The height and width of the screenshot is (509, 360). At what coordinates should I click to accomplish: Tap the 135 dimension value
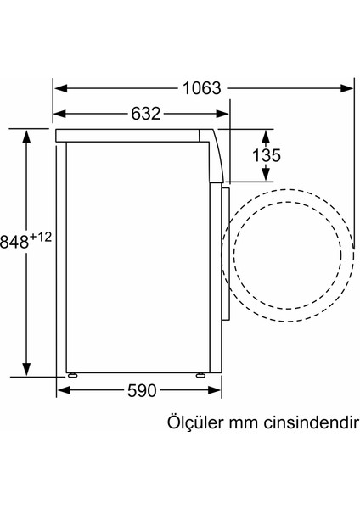pyautogui.click(x=266, y=155)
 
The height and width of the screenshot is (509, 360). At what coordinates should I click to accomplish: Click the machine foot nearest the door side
pyautogui.click(x=202, y=373)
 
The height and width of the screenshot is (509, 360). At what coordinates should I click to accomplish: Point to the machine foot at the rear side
pyautogui.click(x=73, y=373)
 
